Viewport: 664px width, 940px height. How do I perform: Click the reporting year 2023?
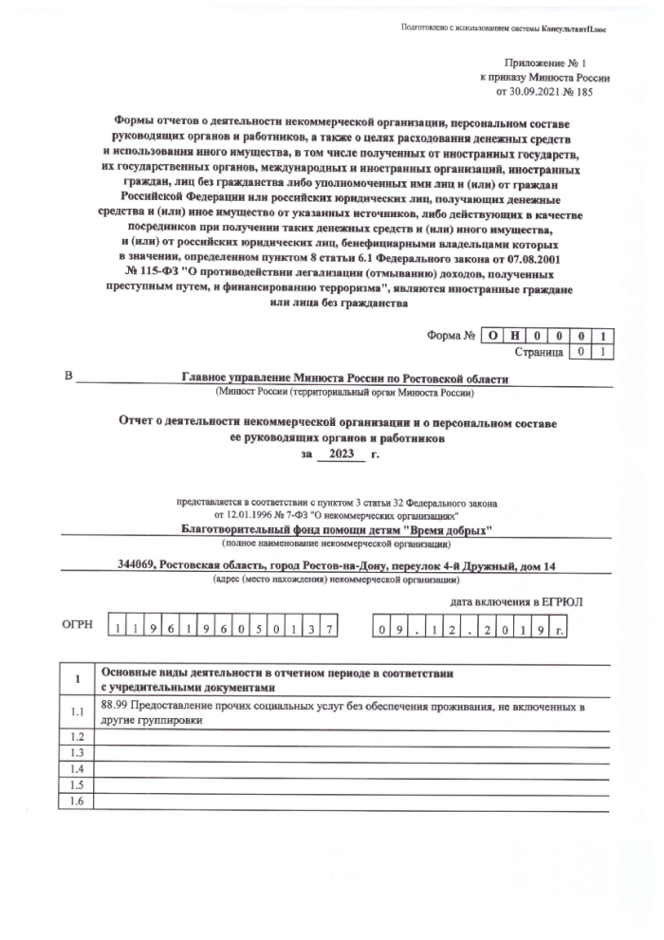coord(341,454)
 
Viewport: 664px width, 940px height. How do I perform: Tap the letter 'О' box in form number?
coord(490,335)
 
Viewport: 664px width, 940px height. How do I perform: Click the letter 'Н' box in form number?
coord(513,335)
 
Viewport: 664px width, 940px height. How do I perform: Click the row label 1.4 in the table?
coord(77,768)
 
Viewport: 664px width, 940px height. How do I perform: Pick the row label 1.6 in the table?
coord(77,802)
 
